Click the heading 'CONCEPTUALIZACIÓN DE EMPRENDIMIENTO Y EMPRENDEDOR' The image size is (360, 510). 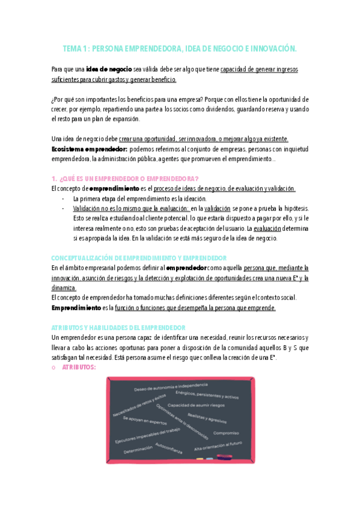click(138, 257)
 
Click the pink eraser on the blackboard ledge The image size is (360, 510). click(224, 458)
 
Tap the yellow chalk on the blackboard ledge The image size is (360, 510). click(200, 459)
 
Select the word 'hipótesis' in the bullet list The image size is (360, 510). click(281, 208)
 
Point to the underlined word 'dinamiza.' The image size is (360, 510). click(64, 287)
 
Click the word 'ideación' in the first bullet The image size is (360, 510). click(193, 198)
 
